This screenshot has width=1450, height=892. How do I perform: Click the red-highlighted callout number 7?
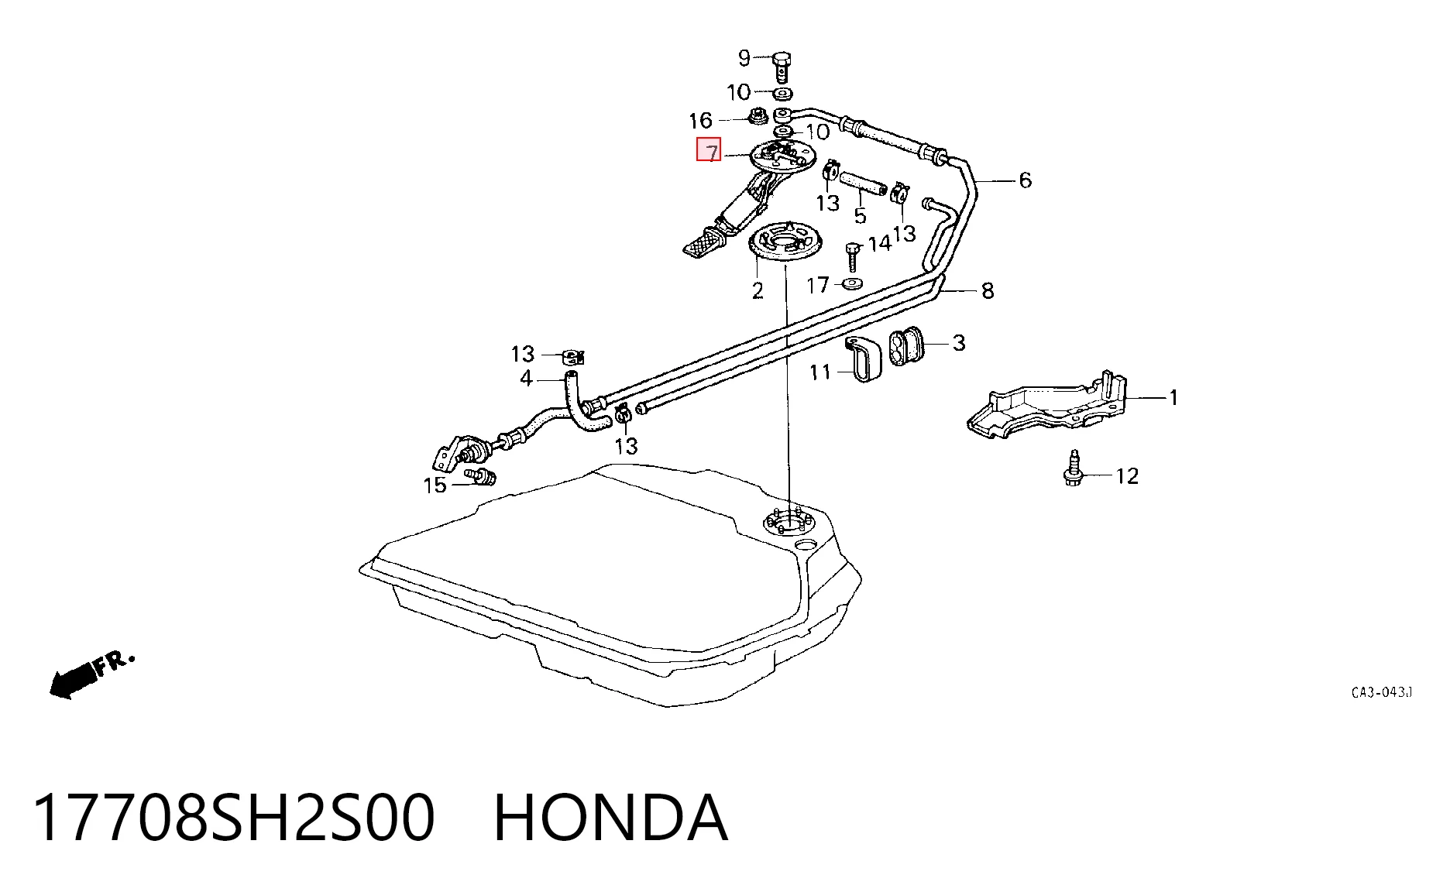click(709, 150)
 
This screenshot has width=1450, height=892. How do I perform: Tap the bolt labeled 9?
click(782, 67)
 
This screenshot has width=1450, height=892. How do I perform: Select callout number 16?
click(700, 121)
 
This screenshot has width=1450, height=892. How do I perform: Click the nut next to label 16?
click(757, 118)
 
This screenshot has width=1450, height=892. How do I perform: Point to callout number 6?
click(1025, 180)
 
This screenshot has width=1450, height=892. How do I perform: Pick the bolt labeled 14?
click(854, 256)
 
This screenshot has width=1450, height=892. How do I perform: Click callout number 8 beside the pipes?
click(988, 291)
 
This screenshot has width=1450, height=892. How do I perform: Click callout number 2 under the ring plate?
click(758, 290)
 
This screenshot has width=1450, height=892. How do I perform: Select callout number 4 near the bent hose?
click(526, 379)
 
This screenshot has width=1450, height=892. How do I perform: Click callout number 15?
click(435, 485)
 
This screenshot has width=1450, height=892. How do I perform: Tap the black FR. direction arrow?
click(74, 679)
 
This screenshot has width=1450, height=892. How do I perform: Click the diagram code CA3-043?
click(1381, 692)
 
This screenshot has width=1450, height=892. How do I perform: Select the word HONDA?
click(610, 818)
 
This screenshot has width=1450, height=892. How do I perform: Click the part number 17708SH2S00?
click(234, 818)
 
